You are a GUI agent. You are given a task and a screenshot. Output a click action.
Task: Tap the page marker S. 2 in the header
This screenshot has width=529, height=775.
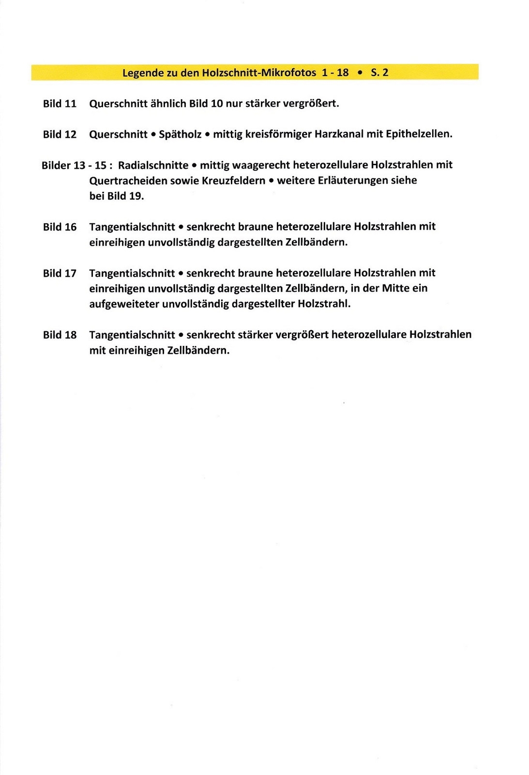click(379, 73)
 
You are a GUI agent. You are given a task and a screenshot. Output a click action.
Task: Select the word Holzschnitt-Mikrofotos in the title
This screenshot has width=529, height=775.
click(259, 73)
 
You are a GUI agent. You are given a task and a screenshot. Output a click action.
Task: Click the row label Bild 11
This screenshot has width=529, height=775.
click(60, 104)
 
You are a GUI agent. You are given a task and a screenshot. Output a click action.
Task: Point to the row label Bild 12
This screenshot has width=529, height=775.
click(60, 135)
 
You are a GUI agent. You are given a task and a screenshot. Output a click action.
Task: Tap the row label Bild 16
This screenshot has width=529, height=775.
click(60, 227)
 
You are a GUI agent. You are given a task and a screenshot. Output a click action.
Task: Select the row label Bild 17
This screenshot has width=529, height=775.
click(60, 274)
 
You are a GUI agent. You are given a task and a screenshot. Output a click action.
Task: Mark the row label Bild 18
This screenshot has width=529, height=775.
click(60, 335)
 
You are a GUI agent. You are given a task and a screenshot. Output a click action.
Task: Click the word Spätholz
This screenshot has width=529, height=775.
click(180, 134)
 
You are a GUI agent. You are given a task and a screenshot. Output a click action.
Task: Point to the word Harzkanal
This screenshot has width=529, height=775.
click(339, 134)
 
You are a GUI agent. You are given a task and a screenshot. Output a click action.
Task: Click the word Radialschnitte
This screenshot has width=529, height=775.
click(153, 165)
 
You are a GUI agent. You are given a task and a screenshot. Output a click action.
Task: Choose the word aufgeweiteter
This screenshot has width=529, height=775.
click(124, 304)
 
